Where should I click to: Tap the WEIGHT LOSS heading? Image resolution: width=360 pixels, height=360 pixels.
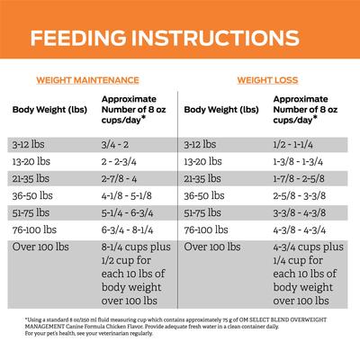pos(261,79)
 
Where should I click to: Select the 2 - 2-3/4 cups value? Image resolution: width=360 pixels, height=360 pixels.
pos(121,161)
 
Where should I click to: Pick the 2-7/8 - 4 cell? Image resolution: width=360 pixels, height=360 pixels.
pos(121,178)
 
